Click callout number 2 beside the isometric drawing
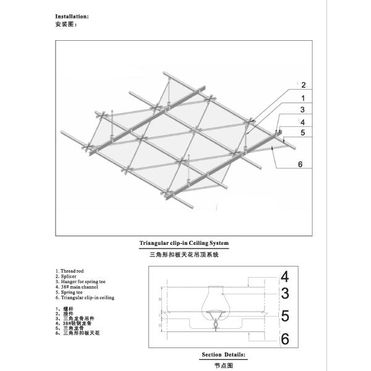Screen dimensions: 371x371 click(x=303, y=85)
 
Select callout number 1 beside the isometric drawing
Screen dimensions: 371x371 click(x=303, y=98)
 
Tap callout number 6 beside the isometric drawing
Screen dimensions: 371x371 click(x=300, y=164)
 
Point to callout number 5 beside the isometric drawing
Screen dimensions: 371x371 click(x=302, y=132)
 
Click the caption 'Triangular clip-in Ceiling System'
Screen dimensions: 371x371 click(x=185, y=243)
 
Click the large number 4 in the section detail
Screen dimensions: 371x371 click(x=284, y=276)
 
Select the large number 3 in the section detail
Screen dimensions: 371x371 click(x=284, y=294)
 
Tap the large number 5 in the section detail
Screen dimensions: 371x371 click(x=284, y=317)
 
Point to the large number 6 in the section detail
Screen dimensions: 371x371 click(x=284, y=339)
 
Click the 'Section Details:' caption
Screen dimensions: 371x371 click(x=223, y=356)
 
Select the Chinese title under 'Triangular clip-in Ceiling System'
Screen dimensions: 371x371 click(x=184, y=254)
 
